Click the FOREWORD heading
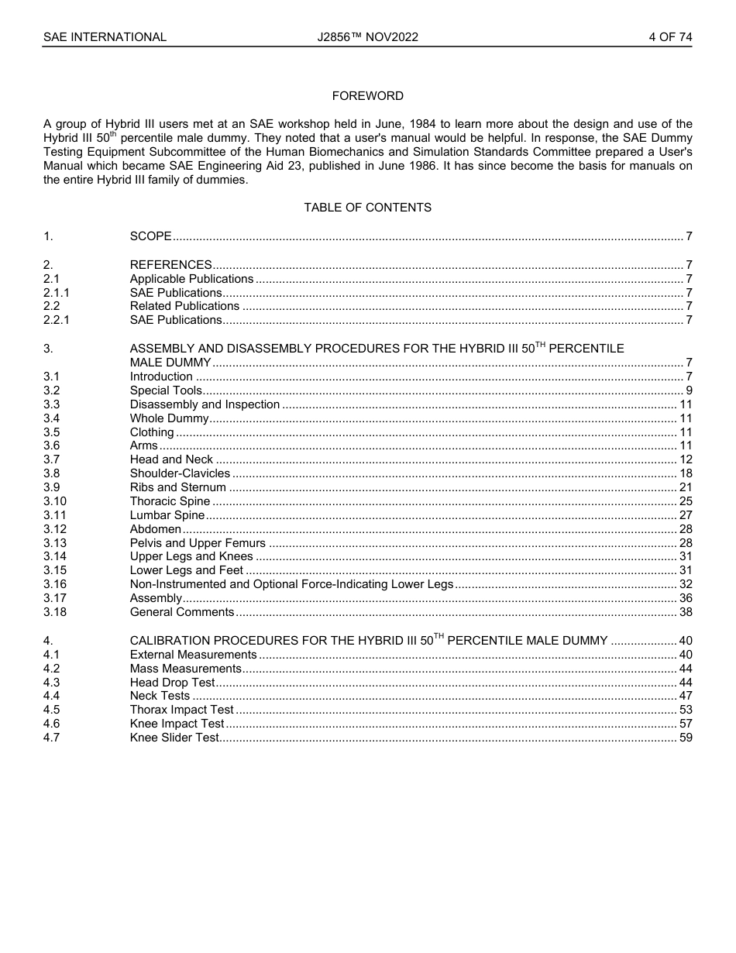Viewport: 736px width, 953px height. point(367,96)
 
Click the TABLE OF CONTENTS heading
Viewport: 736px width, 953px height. point(367,208)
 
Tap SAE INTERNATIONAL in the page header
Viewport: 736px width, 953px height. point(105,37)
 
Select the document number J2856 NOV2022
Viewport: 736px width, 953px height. point(367,37)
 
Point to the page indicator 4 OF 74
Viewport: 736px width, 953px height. point(670,37)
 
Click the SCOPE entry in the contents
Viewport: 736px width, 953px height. point(150,236)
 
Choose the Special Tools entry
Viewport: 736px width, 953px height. point(166,390)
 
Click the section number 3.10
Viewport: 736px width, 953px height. point(54,501)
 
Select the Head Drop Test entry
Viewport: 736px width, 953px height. point(172,683)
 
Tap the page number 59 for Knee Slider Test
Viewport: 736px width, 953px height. point(685,738)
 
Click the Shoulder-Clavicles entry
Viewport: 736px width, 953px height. point(180,473)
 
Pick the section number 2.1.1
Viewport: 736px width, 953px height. point(56,293)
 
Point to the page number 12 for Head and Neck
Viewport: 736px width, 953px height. point(685,459)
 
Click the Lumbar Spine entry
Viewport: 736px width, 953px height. point(167,515)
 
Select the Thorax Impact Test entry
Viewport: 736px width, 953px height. point(181,710)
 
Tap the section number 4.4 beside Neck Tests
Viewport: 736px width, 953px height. point(51,696)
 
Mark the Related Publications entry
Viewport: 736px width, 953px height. point(184,306)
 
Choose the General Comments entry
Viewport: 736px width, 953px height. point(181,612)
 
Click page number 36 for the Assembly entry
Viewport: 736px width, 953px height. point(685,598)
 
